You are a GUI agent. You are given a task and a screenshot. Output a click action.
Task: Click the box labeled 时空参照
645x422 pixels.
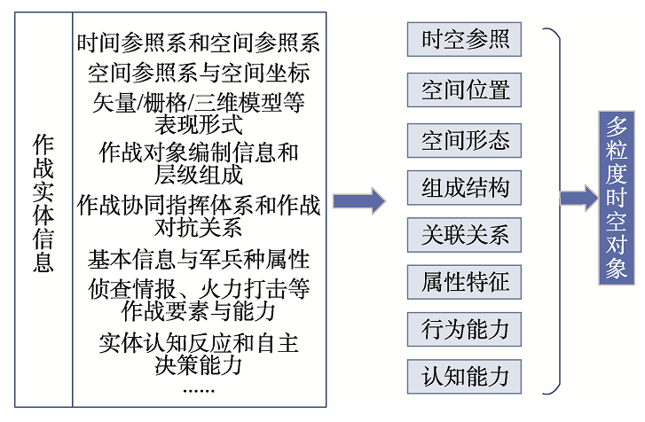click(464, 39)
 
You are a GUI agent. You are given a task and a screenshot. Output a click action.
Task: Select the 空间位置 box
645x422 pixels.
click(464, 90)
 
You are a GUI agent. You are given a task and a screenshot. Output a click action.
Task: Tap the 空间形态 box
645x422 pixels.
click(464, 141)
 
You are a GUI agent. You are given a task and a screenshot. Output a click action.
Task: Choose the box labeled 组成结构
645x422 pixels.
click(464, 188)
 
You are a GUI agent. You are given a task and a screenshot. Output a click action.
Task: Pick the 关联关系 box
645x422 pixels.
click(464, 235)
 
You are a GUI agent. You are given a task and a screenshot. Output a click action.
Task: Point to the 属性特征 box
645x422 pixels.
click(464, 282)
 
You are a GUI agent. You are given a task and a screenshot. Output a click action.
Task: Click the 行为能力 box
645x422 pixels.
click(464, 330)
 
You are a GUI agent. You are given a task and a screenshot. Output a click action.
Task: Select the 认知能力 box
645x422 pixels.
click(464, 377)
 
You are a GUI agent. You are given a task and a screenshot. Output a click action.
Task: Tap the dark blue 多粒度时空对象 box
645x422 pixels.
click(617, 198)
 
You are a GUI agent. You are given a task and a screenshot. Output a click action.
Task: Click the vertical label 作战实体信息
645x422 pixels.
click(43, 202)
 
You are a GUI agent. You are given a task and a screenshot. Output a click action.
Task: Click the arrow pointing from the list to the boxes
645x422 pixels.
click(359, 201)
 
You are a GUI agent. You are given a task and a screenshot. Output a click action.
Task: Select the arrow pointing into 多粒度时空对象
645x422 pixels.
click(579, 198)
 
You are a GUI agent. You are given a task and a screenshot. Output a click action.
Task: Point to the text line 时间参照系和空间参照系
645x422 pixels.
click(198, 43)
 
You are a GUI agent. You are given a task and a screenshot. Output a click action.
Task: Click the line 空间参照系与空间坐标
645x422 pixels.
click(198, 74)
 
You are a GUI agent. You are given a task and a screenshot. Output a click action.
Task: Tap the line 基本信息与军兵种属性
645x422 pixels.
click(198, 260)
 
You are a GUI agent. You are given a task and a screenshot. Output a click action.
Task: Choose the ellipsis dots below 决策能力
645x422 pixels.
click(198, 391)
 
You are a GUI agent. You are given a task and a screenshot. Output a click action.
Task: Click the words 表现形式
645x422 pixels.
click(198, 124)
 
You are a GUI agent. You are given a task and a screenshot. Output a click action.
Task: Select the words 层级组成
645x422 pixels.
click(198, 175)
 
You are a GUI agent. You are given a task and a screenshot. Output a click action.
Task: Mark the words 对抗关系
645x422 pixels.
click(198, 227)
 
